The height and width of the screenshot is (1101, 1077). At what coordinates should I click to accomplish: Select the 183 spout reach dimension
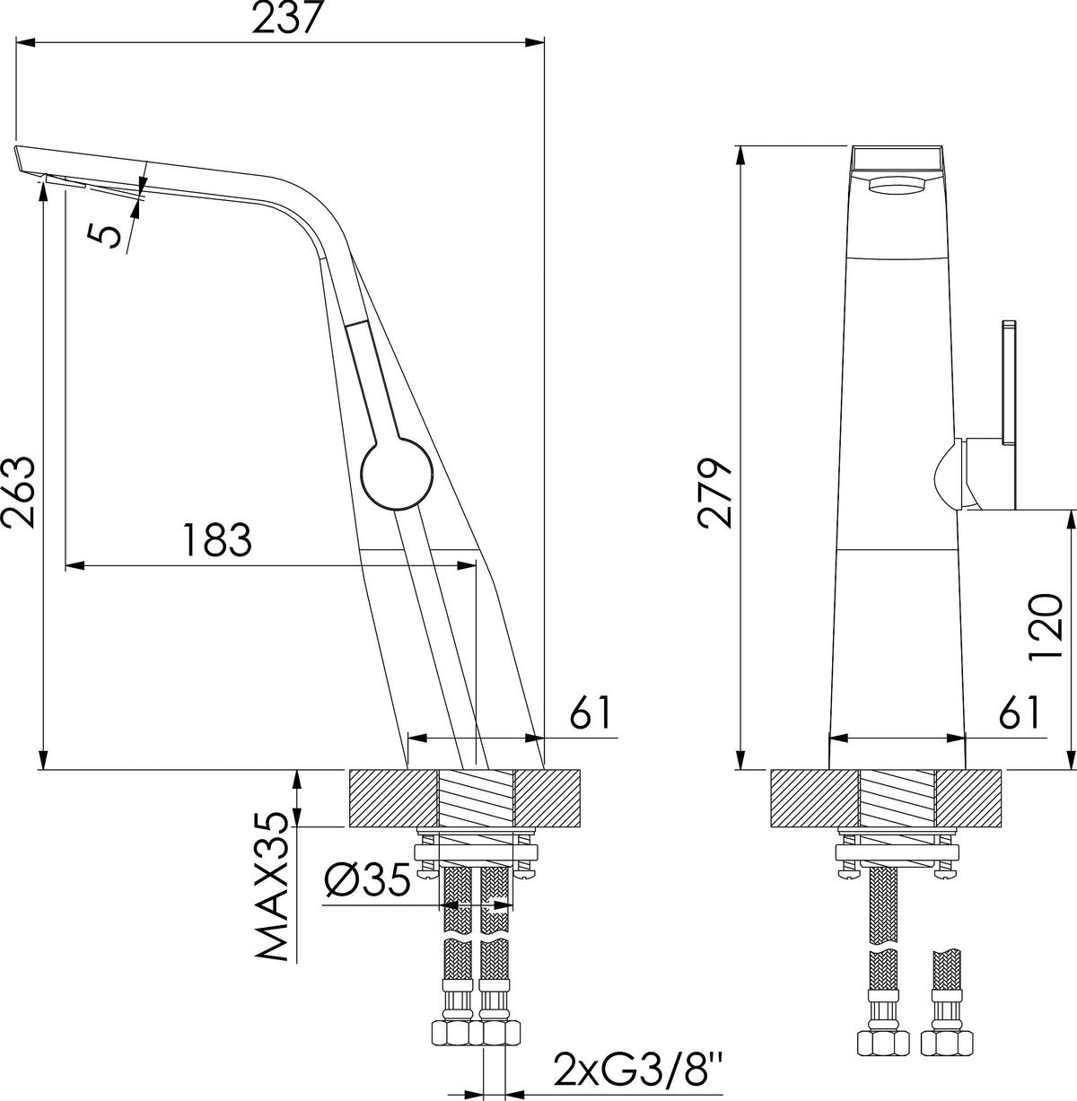coord(216,539)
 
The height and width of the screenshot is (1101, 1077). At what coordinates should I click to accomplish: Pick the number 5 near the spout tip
coord(106,235)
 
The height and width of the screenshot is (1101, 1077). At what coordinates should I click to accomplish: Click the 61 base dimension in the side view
coord(592,713)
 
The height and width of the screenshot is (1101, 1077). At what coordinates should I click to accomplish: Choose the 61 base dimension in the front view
coord(1020,713)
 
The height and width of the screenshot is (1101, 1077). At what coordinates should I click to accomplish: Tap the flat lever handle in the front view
coord(1008,387)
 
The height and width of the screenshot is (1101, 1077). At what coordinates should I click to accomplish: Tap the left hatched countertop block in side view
coord(392,798)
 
